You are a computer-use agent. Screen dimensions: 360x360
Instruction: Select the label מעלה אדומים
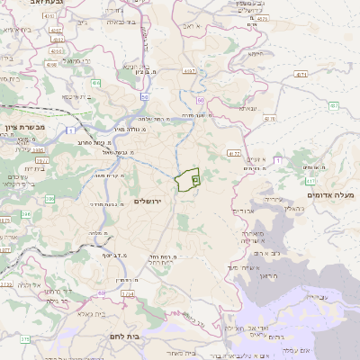point(330,195)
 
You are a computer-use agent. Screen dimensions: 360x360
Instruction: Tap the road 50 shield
point(144,96)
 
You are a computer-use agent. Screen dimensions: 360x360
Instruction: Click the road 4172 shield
point(234,154)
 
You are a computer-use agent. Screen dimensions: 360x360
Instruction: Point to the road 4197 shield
point(188,69)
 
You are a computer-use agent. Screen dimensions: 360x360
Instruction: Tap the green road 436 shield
point(96,83)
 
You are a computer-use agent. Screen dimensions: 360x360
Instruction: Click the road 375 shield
point(24,339)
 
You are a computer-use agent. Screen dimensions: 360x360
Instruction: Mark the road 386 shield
point(49,198)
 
